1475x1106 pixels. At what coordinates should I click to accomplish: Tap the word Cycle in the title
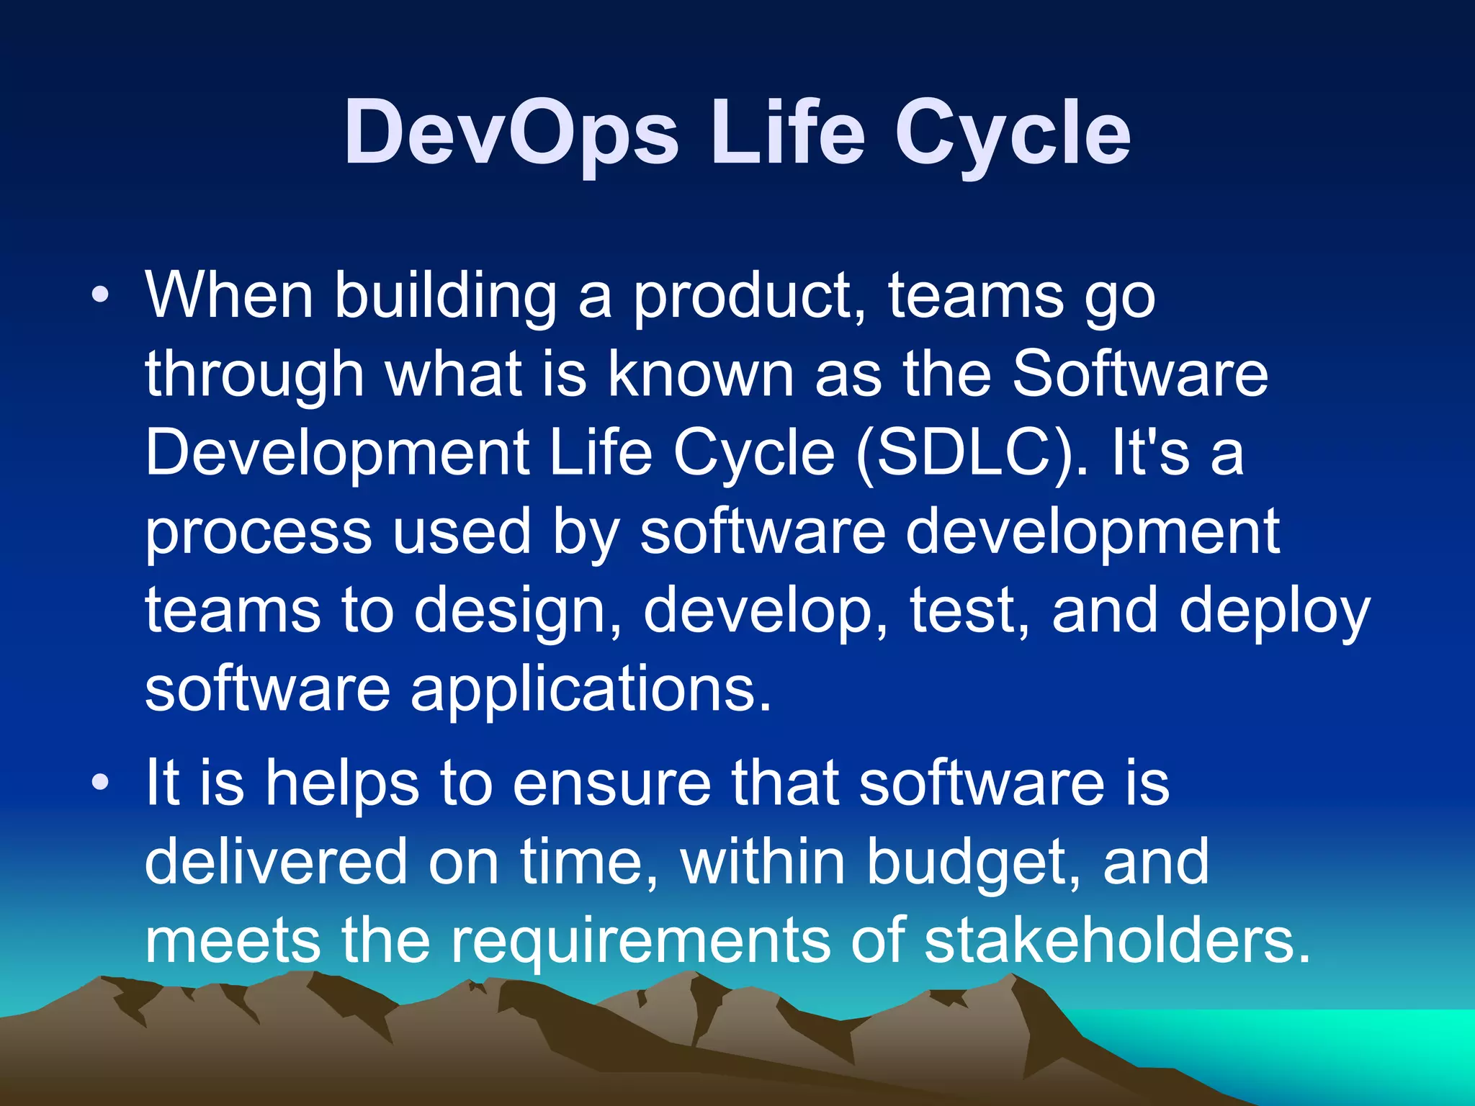pos(1012,133)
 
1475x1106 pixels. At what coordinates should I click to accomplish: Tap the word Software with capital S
pos(1139,374)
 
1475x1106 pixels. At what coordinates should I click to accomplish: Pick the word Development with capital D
pos(337,454)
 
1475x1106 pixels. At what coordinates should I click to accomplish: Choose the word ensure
pos(611,783)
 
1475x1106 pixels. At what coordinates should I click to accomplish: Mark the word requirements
pos(640,940)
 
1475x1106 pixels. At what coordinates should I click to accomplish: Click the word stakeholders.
pos(1116,940)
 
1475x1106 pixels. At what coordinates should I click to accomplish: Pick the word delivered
pos(276,861)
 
